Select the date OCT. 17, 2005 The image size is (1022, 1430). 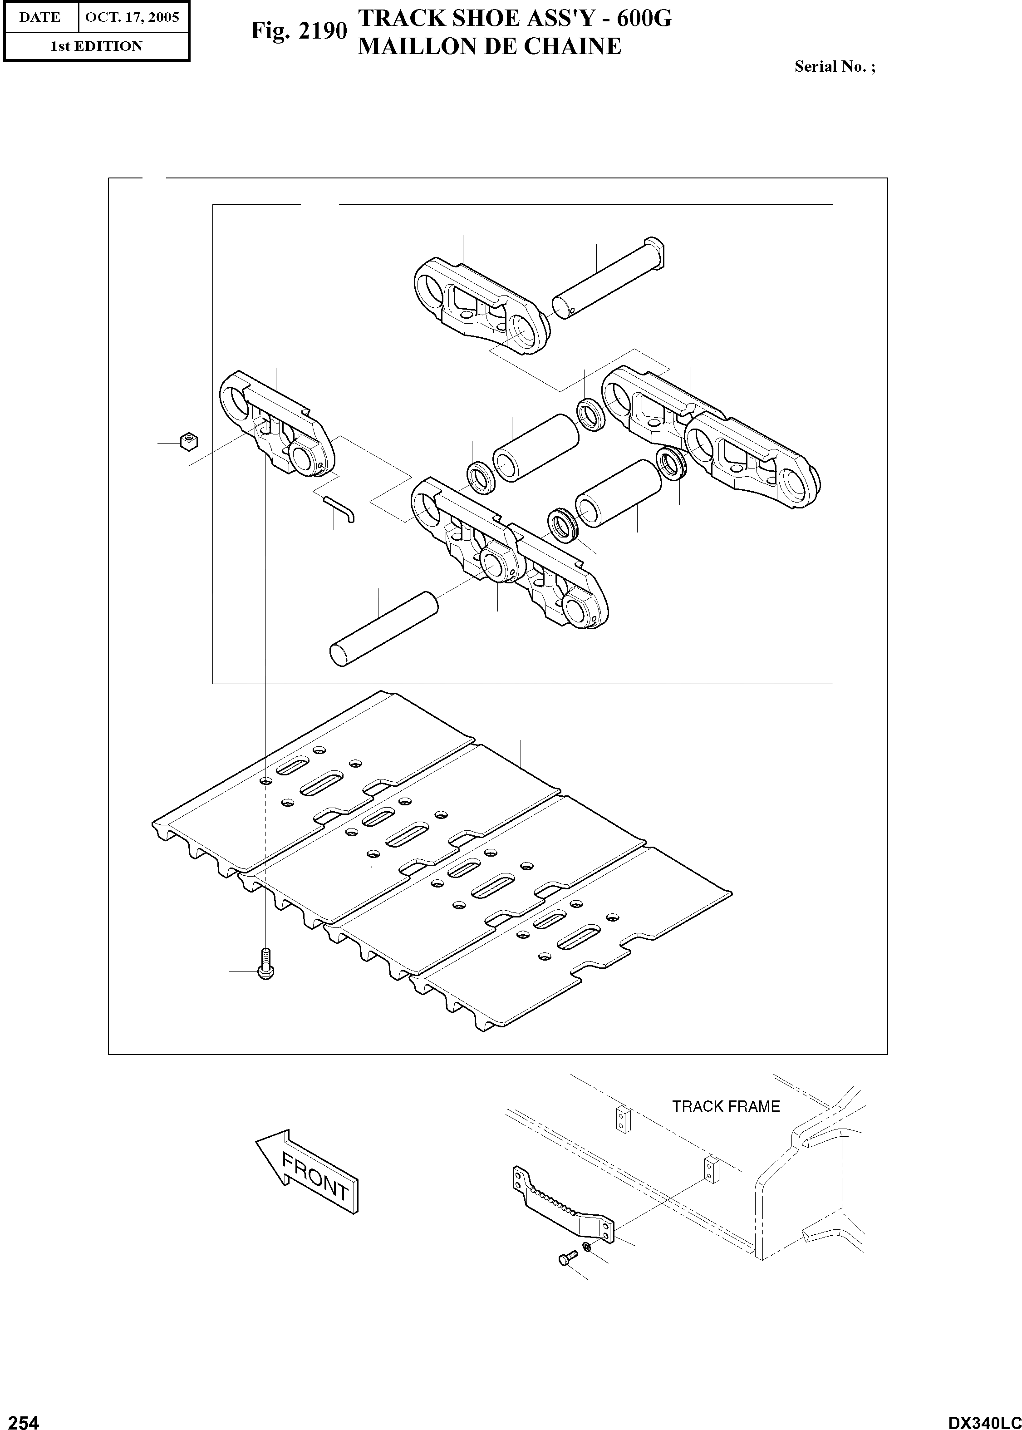tap(132, 17)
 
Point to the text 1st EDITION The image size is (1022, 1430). tap(96, 46)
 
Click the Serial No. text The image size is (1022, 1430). tap(834, 66)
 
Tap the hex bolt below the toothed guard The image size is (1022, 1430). tap(566, 1257)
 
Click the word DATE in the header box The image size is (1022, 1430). tap(39, 17)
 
